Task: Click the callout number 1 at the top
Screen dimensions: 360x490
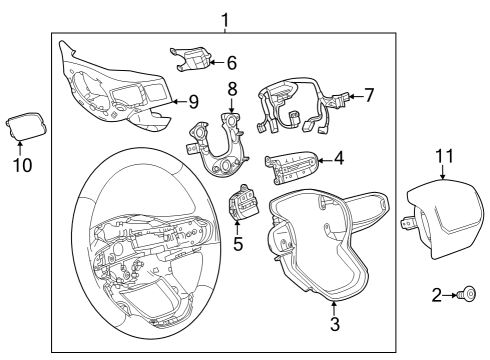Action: click(x=225, y=19)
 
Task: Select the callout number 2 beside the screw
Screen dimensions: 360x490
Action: click(x=437, y=295)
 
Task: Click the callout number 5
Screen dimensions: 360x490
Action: click(x=237, y=242)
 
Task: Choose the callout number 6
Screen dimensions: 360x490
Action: click(x=231, y=62)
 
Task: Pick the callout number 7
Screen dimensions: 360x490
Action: click(x=369, y=96)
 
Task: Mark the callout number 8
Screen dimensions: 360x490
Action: click(x=231, y=88)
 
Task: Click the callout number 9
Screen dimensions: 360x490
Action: click(x=193, y=100)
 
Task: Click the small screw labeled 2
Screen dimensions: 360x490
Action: click(x=467, y=295)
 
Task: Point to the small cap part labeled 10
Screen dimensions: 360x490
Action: click(x=20, y=127)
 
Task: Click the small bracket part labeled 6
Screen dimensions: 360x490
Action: click(x=194, y=59)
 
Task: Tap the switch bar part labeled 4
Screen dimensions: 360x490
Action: click(x=291, y=162)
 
